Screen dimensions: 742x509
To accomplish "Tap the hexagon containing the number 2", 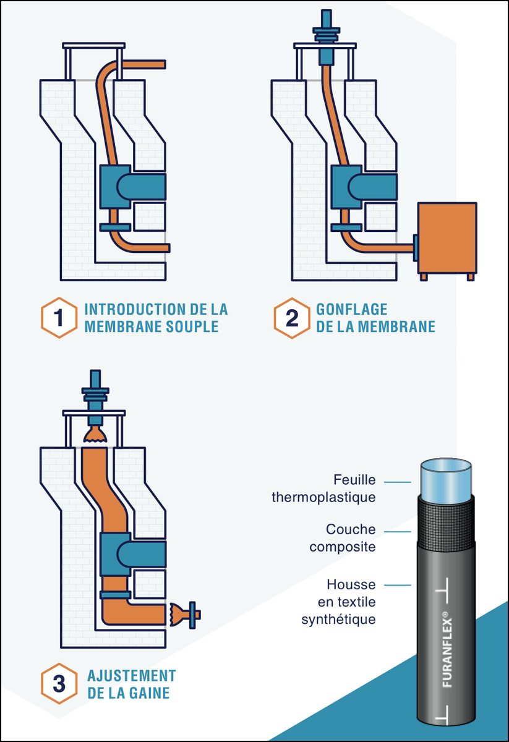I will coord(291,318).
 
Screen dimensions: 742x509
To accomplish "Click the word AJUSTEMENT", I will coord(132,675).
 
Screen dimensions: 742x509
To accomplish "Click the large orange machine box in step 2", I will coord(447,238).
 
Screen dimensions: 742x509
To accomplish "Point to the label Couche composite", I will coord(342,538).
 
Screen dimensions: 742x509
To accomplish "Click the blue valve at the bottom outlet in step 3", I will coord(193,614).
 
